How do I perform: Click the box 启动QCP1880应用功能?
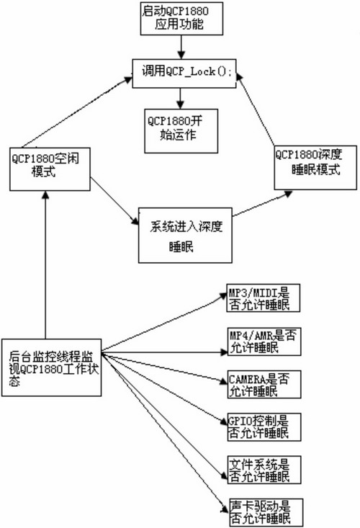181,19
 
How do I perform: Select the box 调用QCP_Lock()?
184,73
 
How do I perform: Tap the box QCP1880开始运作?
181,131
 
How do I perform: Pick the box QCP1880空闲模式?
50,169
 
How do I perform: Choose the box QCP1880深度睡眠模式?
315,168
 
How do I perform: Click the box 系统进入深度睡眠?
185,236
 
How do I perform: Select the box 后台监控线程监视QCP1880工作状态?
51,367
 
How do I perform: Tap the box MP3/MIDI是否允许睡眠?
264,298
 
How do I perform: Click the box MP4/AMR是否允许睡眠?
264,341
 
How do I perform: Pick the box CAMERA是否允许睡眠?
264,385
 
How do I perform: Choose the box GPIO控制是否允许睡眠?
264,427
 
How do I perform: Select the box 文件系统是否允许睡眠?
264,470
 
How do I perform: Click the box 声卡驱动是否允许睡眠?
266,512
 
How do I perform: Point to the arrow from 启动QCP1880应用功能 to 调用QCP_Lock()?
181,47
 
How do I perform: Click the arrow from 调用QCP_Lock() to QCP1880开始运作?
181,99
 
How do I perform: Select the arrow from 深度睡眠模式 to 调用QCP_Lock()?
256,109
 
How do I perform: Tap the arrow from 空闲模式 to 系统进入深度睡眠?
114,201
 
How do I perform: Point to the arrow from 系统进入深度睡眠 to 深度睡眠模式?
262,203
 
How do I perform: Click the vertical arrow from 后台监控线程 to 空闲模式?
45,264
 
